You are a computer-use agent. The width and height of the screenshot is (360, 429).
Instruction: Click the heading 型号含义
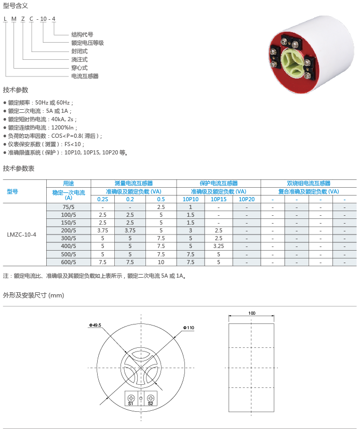pos(16,5)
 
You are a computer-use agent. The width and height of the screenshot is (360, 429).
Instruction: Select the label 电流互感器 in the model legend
pos(85,76)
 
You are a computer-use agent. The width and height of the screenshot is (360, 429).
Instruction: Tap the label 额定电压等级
pos(87,43)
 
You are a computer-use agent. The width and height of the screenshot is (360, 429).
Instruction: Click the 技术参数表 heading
pos(19,168)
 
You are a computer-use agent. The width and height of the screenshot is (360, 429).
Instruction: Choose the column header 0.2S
pos(102,199)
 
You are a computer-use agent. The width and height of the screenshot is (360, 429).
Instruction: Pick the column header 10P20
pos(247,199)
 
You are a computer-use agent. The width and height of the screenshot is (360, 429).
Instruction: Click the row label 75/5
pos(69,207)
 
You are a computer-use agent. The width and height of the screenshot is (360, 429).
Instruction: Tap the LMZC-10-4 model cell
pos(22,235)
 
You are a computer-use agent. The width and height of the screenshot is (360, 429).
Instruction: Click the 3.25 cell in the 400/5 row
pos(218,246)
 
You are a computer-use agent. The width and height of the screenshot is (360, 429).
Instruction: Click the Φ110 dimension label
pos(188,328)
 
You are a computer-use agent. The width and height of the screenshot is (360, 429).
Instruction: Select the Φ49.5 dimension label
pos(95,325)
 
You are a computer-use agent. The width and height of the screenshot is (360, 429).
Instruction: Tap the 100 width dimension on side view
pos(251,314)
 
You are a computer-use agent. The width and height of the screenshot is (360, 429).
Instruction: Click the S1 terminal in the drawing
pos(130,403)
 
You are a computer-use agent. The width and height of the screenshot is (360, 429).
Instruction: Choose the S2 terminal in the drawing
pos(150,403)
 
